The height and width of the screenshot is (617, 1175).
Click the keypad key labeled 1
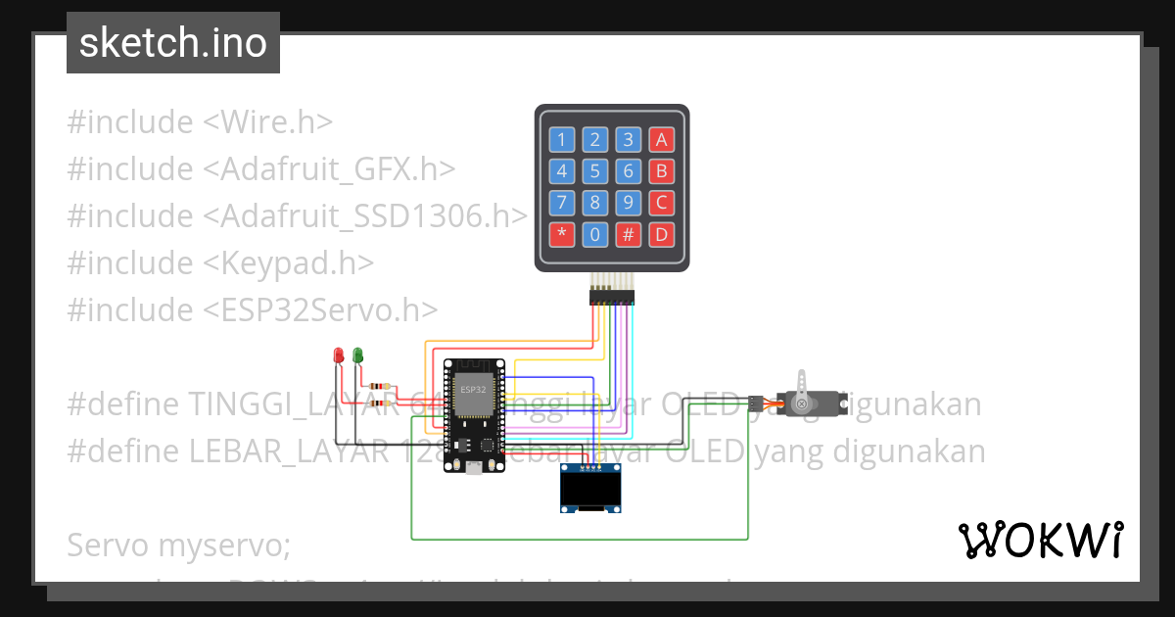[x=561, y=139]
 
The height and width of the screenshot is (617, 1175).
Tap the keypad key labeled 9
[x=629, y=203]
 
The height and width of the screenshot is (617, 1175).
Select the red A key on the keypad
[x=662, y=139]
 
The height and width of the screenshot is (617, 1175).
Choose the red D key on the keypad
[x=662, y=235]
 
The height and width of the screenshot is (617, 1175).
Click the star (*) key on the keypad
[x=561, y=235]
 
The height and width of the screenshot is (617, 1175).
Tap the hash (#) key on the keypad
[x=629, y=235]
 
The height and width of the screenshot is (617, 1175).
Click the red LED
[x=339, y=355]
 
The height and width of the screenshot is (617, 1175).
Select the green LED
[x=357, y=355]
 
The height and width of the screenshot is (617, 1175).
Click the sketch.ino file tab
[x=173, y=43]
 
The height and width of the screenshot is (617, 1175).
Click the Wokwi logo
[x=1040, y=540]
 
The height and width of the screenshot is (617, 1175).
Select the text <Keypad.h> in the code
[x=289, y=262]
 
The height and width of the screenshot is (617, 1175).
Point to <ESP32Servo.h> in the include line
[x=320, y=309]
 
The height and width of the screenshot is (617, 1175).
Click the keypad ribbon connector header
[x=612, y=296]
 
